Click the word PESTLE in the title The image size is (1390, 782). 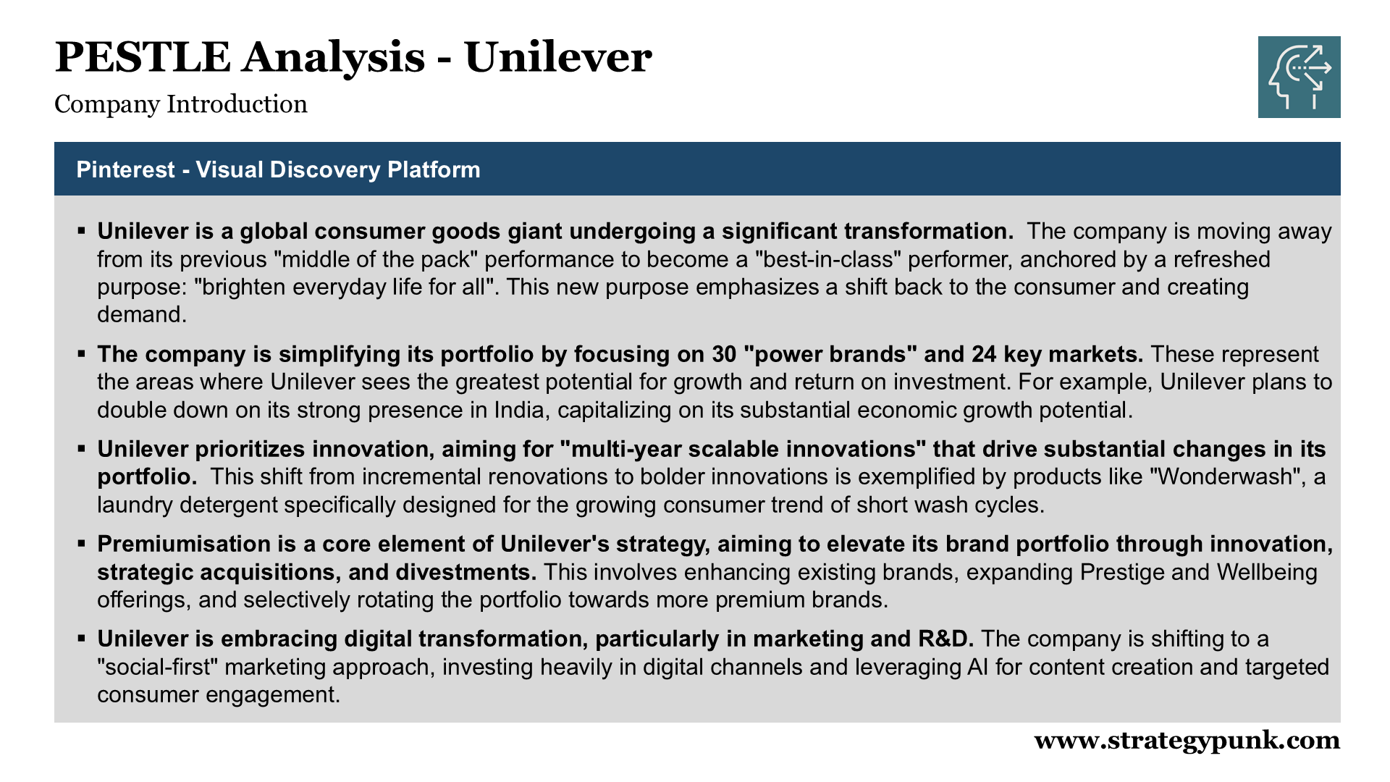[x=142, y=58]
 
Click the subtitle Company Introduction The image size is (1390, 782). [x=181, y=104]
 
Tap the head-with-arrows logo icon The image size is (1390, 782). [x=1299, y=77]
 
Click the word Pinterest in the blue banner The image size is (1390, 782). [x=125, y=169]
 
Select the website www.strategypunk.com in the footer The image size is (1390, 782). [x=1187, y=740]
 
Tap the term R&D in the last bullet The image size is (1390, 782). [x=945, y=639]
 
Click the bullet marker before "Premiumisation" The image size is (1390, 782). [x=82, y=544]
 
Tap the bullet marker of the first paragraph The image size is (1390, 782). [x=82, y=231]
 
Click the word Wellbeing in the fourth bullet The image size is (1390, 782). [x=1267, y=572]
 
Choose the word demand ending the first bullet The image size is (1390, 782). [x=138, y=315]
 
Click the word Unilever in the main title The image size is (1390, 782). [x=557, y=58]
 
